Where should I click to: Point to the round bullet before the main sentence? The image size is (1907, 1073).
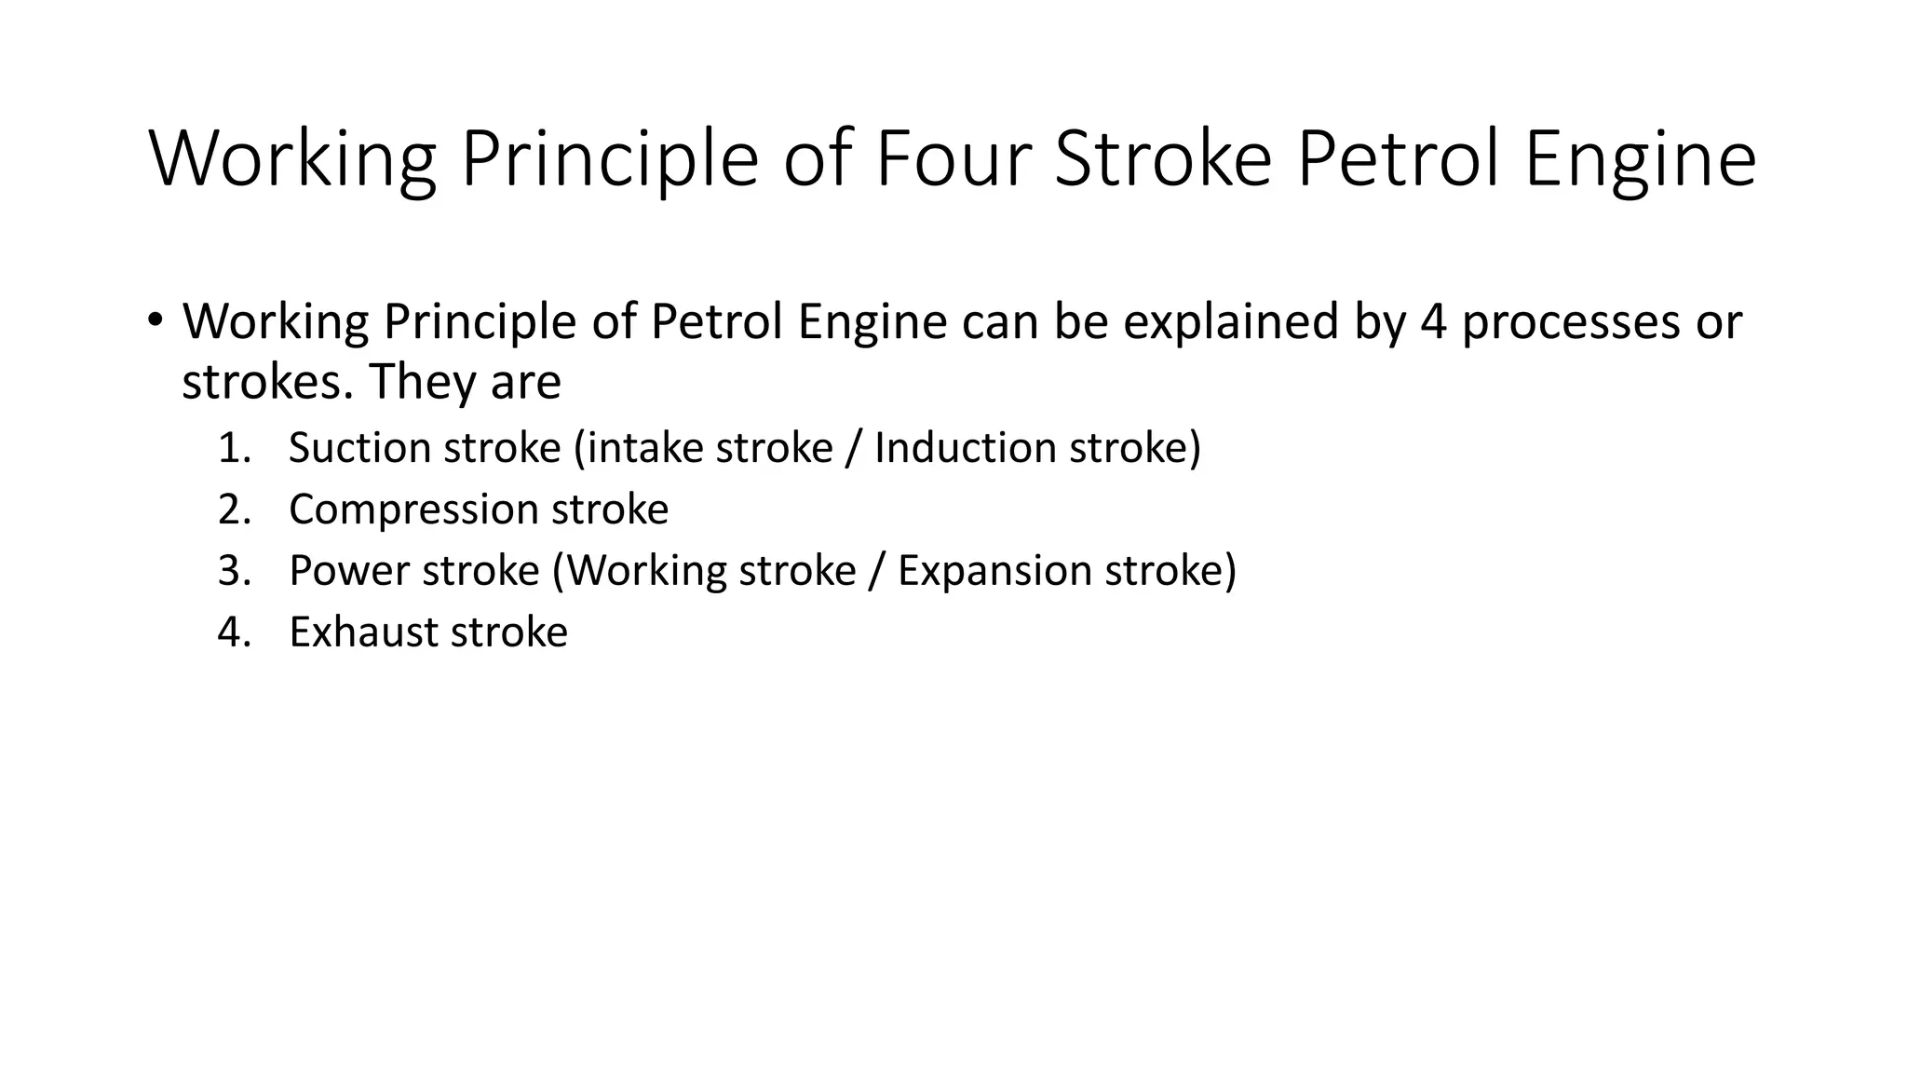(155, 319)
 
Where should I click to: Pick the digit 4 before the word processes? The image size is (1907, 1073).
(1434, 321)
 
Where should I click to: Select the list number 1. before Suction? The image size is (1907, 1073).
(235, 448)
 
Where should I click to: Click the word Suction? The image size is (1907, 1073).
(359, 448)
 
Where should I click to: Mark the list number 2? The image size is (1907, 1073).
(235, 509)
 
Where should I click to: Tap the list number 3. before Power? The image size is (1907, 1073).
(235, 571)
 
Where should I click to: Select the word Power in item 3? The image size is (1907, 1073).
(346, 571)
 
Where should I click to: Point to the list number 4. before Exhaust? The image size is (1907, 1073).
(235, 632)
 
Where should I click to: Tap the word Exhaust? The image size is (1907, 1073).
(363, 632)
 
